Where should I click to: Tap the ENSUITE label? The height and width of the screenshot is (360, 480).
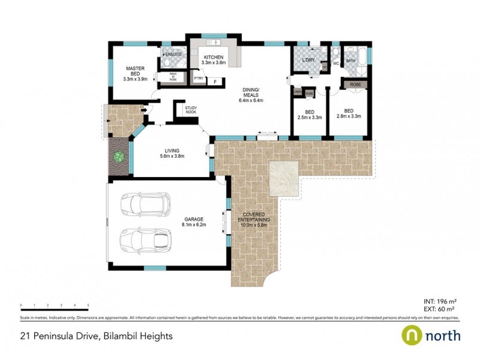coord(173,54)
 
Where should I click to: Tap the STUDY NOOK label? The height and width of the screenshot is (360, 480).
coord(191,110)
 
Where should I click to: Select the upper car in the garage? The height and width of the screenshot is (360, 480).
coord(145,205)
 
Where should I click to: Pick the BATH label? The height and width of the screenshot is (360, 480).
coord(350,61)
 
